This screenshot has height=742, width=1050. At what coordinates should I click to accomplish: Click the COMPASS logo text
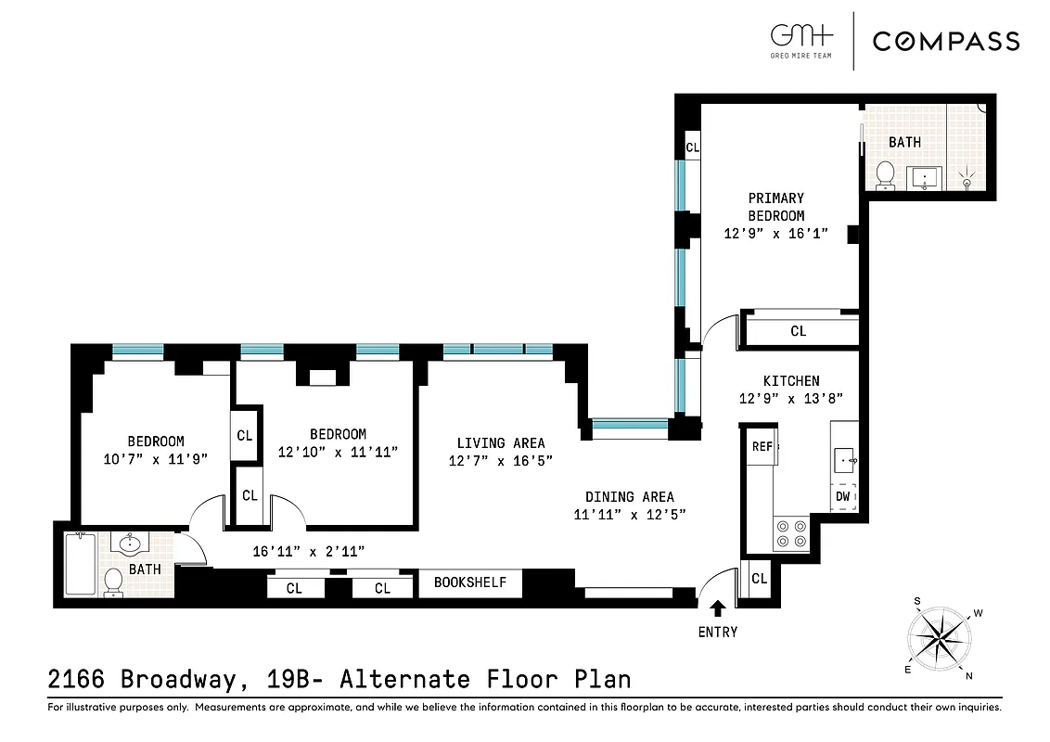(x=945, y=41)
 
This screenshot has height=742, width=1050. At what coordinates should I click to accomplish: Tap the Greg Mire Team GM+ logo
(x=801, y=39)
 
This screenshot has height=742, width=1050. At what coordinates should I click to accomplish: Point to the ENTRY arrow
(x=717, y=608)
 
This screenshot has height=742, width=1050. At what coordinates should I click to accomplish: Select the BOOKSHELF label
(x=470, y=582)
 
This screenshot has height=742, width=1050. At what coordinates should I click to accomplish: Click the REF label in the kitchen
(x=762, y=446)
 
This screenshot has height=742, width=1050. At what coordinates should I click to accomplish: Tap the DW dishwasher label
(x=842, y=496)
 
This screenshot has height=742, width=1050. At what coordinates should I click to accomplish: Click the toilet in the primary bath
(x=885, y=173)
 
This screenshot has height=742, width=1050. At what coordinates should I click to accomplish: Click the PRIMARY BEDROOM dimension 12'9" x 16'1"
(x=775, y=234)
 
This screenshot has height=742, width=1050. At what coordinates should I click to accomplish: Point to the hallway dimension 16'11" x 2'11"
(x=308, y=551)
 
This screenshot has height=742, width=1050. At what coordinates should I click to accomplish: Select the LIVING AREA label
(x=500, y=442)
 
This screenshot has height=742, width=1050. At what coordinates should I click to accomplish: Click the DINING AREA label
(x=629, y=497)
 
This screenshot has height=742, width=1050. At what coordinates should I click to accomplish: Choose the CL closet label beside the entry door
(x=759, y=579)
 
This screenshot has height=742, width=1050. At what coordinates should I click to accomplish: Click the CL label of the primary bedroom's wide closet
(x=798, y=331)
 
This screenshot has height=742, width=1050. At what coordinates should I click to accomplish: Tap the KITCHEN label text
(x=790, y=380)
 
